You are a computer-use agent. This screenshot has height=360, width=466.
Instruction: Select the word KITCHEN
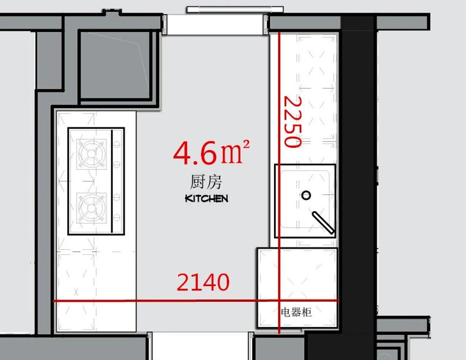pyautogui.click(x=206, y=198)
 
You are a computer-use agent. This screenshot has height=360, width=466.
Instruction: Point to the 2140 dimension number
pyautogui.click(x=203, y=283)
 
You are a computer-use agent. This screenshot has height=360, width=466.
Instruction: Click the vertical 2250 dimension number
pyautogui.click(x=292, y=122)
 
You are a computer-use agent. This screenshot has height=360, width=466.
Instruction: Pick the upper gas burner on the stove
pyautogui.click(x=91, y=153)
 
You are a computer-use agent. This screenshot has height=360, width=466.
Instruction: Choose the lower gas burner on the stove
pyautogui.click(x=91, y=208)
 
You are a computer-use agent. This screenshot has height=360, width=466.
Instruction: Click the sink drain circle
pyautogui.click(x=306, y=195)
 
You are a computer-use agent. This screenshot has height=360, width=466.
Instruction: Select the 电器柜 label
pyautogui.click(x=296, y=312)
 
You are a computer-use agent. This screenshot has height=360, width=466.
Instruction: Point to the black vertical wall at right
pyautogui.click(x=358, y=168)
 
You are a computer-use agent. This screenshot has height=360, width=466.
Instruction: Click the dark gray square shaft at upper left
pyautogui.click(x=115, y=64)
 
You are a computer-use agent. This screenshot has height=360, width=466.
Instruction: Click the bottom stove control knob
pyautogui.click(x=117, y=217)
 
